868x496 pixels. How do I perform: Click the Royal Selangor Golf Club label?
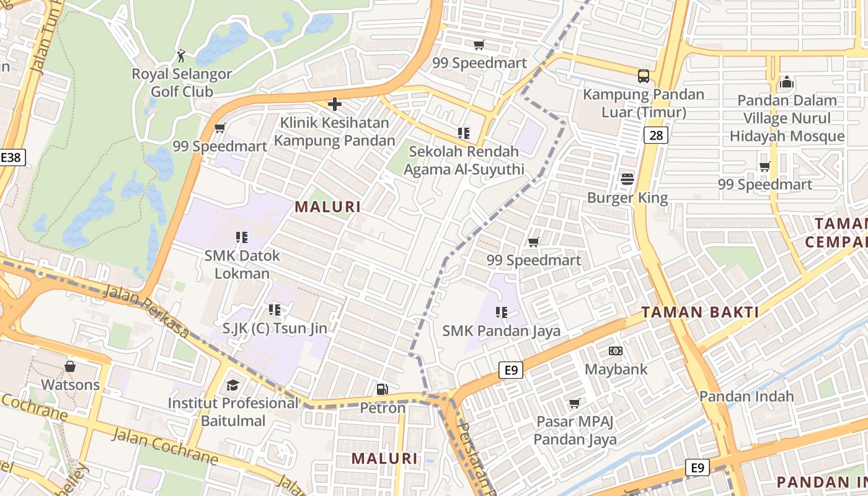(182, 82)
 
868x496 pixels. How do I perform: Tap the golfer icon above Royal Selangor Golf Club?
(181, 56)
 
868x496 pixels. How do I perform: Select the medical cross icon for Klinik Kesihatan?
(335, 104)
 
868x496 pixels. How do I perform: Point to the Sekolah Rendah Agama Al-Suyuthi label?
(464, 160)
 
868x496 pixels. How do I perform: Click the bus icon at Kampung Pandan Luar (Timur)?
(644, 76)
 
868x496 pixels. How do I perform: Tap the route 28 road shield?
(655, 135)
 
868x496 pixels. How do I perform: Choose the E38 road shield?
(11, 157)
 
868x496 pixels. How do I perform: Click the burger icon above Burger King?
(627, 180)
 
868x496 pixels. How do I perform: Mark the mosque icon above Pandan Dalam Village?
(787, 82)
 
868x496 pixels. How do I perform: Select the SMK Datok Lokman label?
(242, 264)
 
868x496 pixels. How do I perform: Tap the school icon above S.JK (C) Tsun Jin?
(275, 309)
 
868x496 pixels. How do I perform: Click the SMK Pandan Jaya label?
(501, 331)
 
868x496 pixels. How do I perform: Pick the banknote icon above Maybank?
(616, 351)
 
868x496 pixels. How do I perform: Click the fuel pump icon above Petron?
(383, 389)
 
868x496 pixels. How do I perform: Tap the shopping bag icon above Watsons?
(70, 366)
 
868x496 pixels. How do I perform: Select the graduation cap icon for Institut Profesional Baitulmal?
(232, 386)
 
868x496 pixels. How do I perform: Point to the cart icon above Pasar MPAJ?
(575, 404)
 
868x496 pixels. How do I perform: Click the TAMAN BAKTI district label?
(700, 312)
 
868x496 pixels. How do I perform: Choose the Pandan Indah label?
(746, 396)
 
